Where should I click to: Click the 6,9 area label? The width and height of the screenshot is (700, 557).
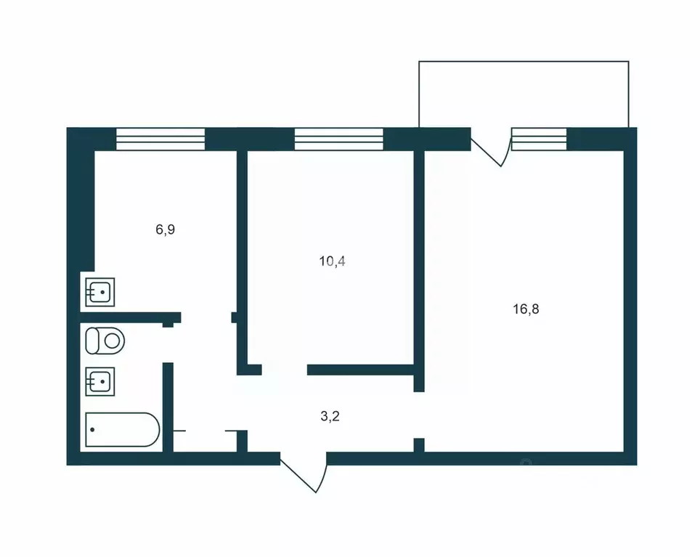tap(166, 229)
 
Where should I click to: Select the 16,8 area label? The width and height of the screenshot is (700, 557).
tap(525, 309)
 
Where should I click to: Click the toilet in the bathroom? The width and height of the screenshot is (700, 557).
tap(105, 340)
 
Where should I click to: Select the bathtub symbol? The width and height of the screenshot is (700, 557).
tap(121, 429)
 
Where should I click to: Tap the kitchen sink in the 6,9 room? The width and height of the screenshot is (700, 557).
tap(100, 292)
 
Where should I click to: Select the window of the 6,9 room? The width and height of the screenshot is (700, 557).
tap(160, 139)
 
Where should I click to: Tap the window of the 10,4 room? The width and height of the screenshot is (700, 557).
tap(338, 139)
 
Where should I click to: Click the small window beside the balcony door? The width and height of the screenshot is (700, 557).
tap(539, 139)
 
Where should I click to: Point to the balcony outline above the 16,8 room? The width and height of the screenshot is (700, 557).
tap(523, 94)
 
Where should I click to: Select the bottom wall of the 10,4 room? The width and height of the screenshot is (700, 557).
tap(361, 370)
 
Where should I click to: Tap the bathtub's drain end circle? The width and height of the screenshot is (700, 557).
tap(92, 429)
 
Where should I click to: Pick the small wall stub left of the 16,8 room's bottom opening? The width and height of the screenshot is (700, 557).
tap(419, 444)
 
